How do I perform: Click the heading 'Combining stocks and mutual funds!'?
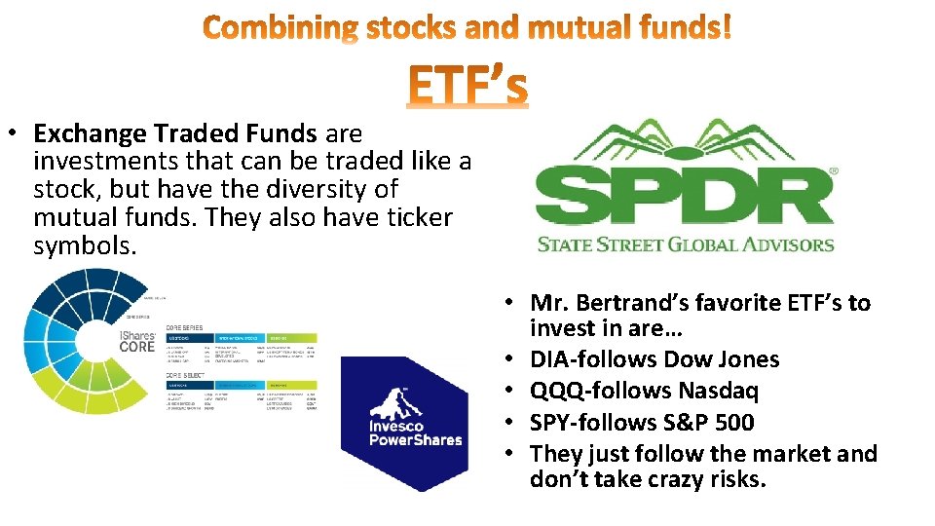[x=467, y=28]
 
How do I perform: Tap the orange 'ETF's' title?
[x=467, y=85]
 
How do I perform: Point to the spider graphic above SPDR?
[x=683, y=142]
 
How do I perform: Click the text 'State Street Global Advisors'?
[x=686, y=244]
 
